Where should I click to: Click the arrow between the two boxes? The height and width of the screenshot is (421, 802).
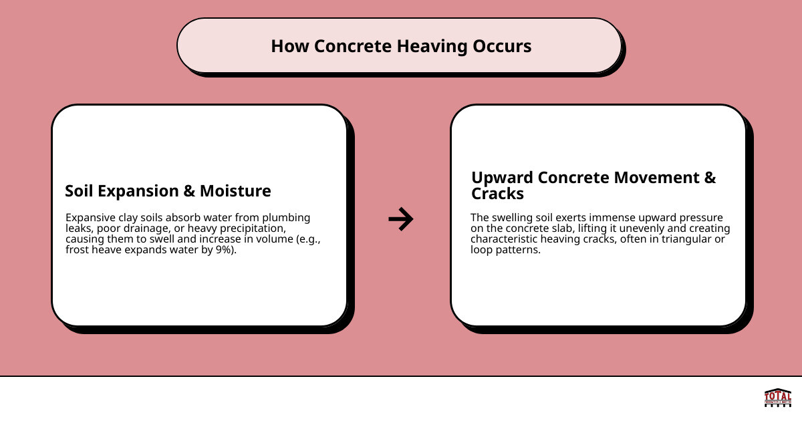tap(401, 219)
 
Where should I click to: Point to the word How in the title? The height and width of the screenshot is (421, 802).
tap(290, 46)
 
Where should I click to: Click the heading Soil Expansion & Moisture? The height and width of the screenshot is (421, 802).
tap(168, 191)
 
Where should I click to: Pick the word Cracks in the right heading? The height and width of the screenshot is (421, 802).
tap(497, 194)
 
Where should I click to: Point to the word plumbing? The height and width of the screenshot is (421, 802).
tap(285, 218)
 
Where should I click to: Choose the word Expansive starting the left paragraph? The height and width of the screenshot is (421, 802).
tap(92, 218)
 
